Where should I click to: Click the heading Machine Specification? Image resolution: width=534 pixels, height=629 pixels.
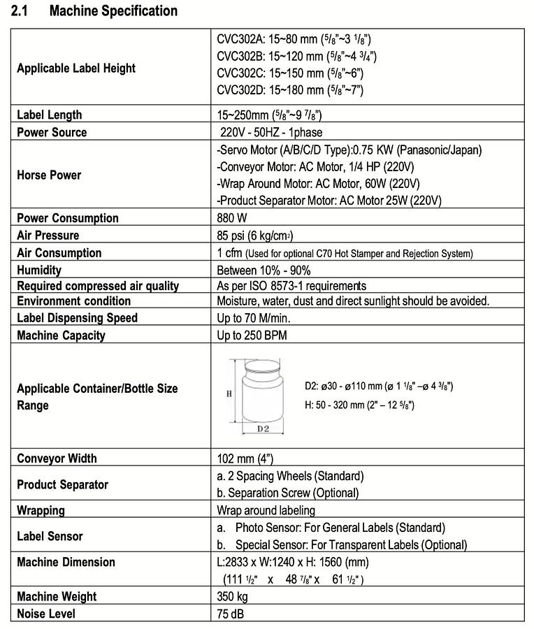pyautogui.click(x=114, y=11)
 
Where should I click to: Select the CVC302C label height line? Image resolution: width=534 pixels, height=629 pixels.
pyautogui.click(x=289, y=73)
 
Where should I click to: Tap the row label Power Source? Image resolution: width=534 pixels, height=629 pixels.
pyautogui.click(x=52, y=132)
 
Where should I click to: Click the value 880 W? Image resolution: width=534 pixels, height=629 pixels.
pyautogui.click(x=232, y=218)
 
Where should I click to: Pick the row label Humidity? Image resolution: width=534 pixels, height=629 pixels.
pyautogui.click(x=39, y=270)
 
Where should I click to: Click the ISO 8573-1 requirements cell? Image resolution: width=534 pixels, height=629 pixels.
pyautogui.click(x=291, y=286)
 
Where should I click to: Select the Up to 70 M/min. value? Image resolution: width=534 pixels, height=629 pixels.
pyautogui.click(x=254, y=318)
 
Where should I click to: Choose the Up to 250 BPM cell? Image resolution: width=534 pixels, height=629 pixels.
pyautogui.click(x=252, y=335)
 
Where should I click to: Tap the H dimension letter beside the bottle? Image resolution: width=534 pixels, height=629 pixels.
pyautogui.click(x=229, y=393)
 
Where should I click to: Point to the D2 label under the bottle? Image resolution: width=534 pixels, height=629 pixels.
pyautogui.click(x=262, y=428)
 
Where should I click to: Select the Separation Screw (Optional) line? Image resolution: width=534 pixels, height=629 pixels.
pyautogui.click(x=288, y=493)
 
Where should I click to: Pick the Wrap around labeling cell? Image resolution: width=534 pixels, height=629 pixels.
pyautogui.click(x=266, y=511)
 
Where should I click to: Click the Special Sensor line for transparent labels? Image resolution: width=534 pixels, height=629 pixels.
pyautogui.click(x=342, y=544)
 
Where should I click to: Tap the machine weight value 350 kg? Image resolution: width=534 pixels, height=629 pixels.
pyautogui.click(x=232, y=597)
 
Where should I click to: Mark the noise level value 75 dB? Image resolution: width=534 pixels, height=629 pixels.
pyautogui.click(x=231, y=614)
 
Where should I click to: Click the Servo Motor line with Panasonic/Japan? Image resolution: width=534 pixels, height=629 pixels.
pyautogui.click(x=349, y=150)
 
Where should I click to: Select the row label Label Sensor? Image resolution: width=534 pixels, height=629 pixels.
pyautogui.click(x=50, y=536)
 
